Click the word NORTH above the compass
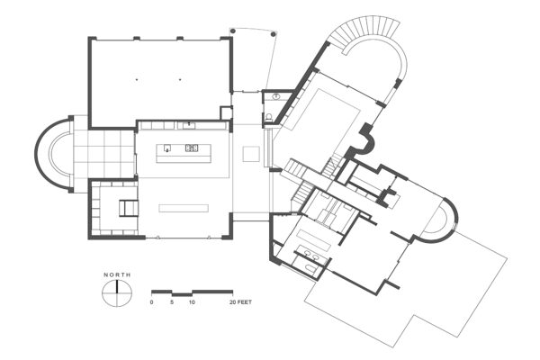point(117,275)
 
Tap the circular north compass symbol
point(117,292)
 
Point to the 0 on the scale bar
point(152,302)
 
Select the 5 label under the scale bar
point(172,302)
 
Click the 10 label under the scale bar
point(192,302)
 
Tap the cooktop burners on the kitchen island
point(192,148)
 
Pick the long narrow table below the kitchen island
point(184,208)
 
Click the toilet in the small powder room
point(271,116)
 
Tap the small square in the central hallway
point(251,154)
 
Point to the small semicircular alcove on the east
point(442,220)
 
